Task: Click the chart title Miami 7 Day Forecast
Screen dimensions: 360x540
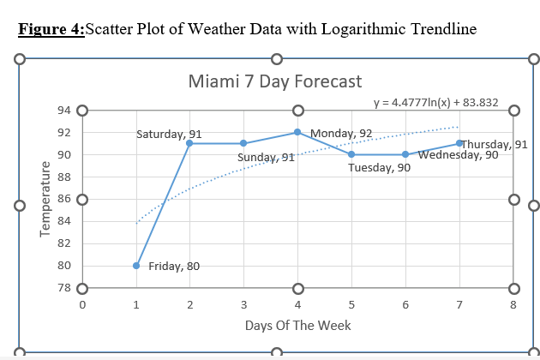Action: (274, 81)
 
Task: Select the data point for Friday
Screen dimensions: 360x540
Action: (136, 266)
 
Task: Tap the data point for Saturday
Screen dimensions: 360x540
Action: (189, 143)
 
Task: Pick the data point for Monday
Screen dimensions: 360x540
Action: (297, 132)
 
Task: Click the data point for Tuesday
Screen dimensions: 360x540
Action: (351, 154)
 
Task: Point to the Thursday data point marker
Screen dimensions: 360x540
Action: (459, 143)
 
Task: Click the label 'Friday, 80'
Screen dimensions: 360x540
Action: (174, 266)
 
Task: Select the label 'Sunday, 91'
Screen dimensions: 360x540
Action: (266, 158)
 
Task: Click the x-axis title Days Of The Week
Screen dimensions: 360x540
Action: (297, 325)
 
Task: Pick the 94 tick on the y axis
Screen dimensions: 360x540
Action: (65, 111)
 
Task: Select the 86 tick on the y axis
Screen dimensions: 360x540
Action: (65, 199)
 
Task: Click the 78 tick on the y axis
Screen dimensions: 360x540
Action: (65, 288)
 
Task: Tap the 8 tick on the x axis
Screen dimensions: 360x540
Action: (513, 303)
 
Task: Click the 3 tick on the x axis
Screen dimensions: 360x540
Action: (243, 303)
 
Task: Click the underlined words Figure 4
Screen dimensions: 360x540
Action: (51, 29)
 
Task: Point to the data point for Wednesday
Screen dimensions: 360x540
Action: (405, 154)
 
